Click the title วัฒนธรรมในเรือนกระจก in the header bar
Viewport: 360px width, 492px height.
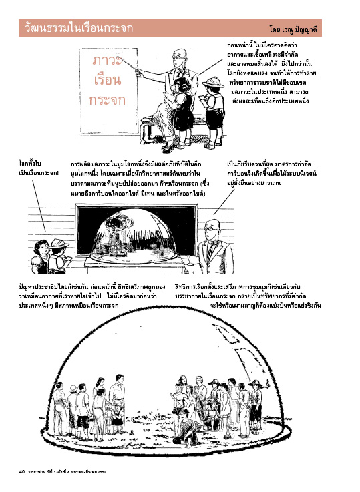(79, 28)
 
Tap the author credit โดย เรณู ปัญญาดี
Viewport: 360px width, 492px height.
(293, 29)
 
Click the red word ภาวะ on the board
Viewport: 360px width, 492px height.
(107, 60)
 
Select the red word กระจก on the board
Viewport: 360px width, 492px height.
(108, 100)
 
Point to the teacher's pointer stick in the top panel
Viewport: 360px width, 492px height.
(129, 63)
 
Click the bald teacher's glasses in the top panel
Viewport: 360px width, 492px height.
(177, 57)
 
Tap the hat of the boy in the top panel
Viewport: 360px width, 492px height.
(213, 82)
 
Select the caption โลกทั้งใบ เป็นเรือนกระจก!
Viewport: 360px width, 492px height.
(38, 168)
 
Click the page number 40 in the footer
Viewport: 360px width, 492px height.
(21, 471)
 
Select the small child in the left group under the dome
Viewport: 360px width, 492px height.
(118, 417)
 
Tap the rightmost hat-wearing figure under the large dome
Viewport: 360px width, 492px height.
(256, 404)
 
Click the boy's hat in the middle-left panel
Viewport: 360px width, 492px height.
(59, 243)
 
